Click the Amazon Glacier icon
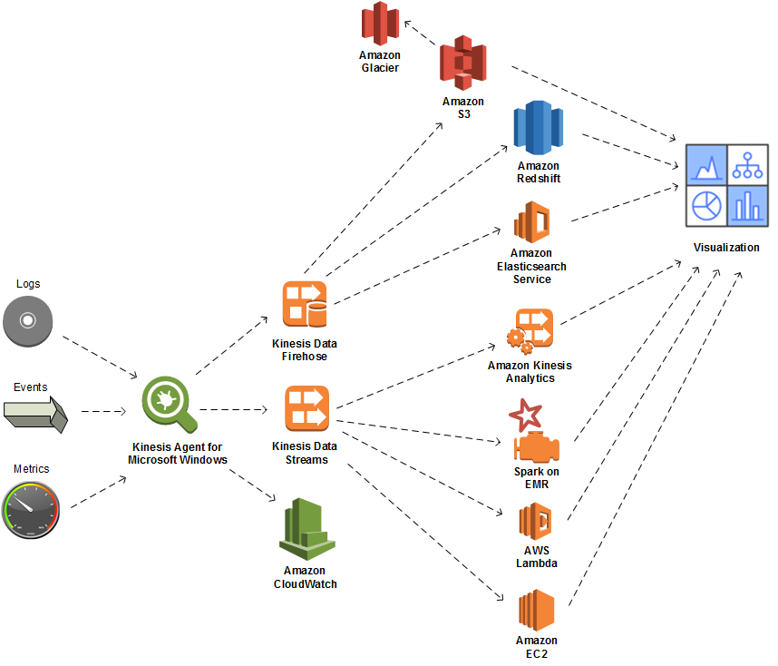tap(380, 24)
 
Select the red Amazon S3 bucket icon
tap(463, 64)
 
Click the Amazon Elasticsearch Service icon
tap(532, 222)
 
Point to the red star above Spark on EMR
tap(525, 416)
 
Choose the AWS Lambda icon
tap(535, 523)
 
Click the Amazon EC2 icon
tap(535, 612)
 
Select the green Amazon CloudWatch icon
tap(306, 530)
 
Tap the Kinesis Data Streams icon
tap(306, 409)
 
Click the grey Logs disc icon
tap(27, 321)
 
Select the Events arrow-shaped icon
tap(35, 412)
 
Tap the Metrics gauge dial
tap(30, 509)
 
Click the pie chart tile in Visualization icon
tap(706, 206)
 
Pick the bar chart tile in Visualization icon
tap(748, 206)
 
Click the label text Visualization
tap(726, 248)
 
